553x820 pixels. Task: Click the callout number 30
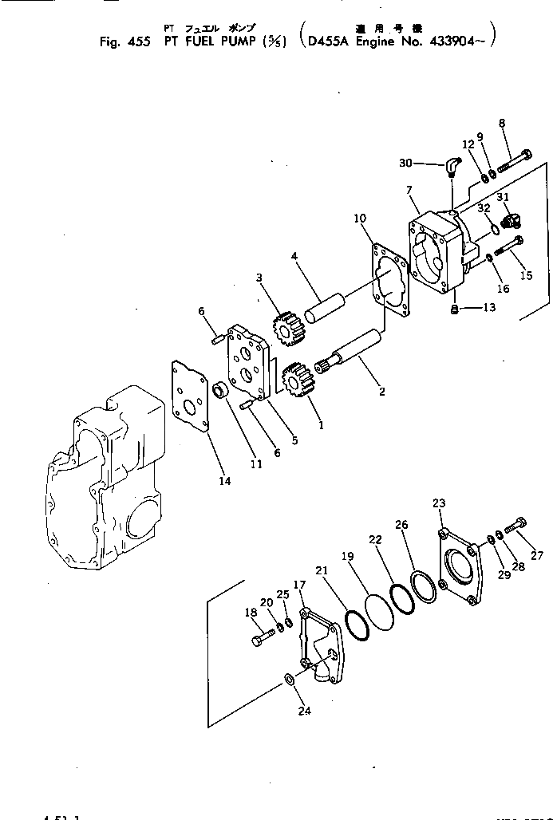click(x=407, y=163)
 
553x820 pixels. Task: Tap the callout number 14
click(x=224, y=480)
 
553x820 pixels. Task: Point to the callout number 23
click(x=439, y=503)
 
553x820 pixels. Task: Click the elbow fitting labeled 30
click(x=452, y=165)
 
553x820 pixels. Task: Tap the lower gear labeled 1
click(x=296, y=380)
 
